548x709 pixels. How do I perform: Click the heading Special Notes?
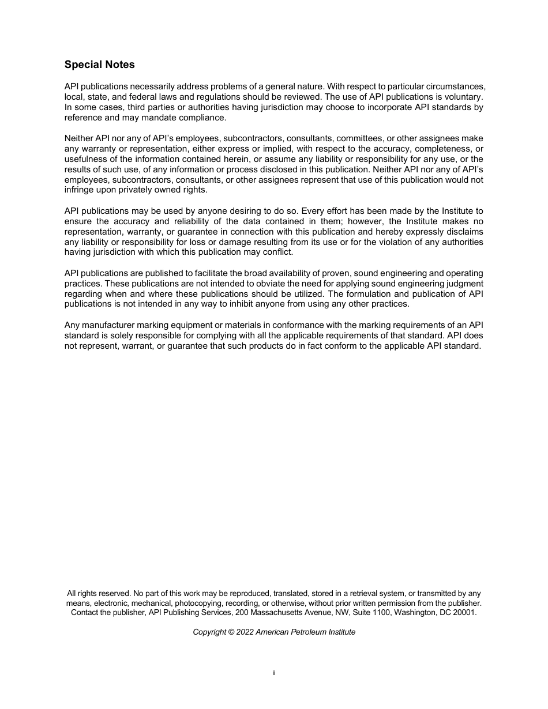point(99,65)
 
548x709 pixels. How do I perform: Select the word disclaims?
point(463,232)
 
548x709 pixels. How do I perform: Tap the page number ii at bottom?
point(274,673)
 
